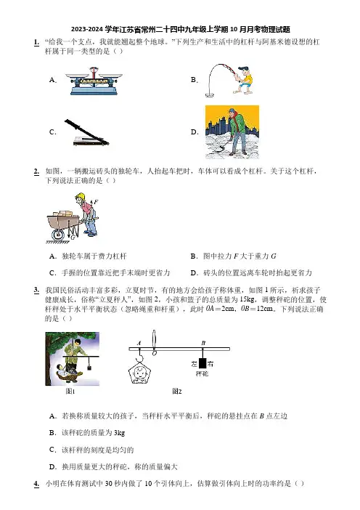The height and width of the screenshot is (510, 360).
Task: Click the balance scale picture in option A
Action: coord(94,81)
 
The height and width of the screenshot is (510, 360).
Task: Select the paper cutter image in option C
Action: coord(86,133)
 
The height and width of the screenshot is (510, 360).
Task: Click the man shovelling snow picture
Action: coord(232,131)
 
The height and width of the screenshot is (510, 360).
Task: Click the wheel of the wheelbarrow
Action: coord(59,234)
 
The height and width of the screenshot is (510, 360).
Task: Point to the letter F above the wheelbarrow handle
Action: coord(97,202)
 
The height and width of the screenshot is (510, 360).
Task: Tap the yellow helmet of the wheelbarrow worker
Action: coord(80,196)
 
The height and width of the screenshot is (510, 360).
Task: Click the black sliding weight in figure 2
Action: coord(202,363)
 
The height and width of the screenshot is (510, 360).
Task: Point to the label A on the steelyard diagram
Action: coord(139,343)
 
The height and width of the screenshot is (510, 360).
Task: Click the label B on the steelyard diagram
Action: coord(203,342)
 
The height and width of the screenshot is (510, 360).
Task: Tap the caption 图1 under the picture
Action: coord(70,392)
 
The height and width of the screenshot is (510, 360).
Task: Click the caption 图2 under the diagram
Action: coord(177,392)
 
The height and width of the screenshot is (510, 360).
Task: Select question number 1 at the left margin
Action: coord(37,42)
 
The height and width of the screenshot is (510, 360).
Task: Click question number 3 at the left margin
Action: coord(37,290)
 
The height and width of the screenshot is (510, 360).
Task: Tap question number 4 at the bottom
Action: coord(37,484)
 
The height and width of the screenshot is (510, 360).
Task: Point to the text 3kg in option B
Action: coord(119,433)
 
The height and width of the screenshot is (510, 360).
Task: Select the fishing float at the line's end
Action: coord(210,94)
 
